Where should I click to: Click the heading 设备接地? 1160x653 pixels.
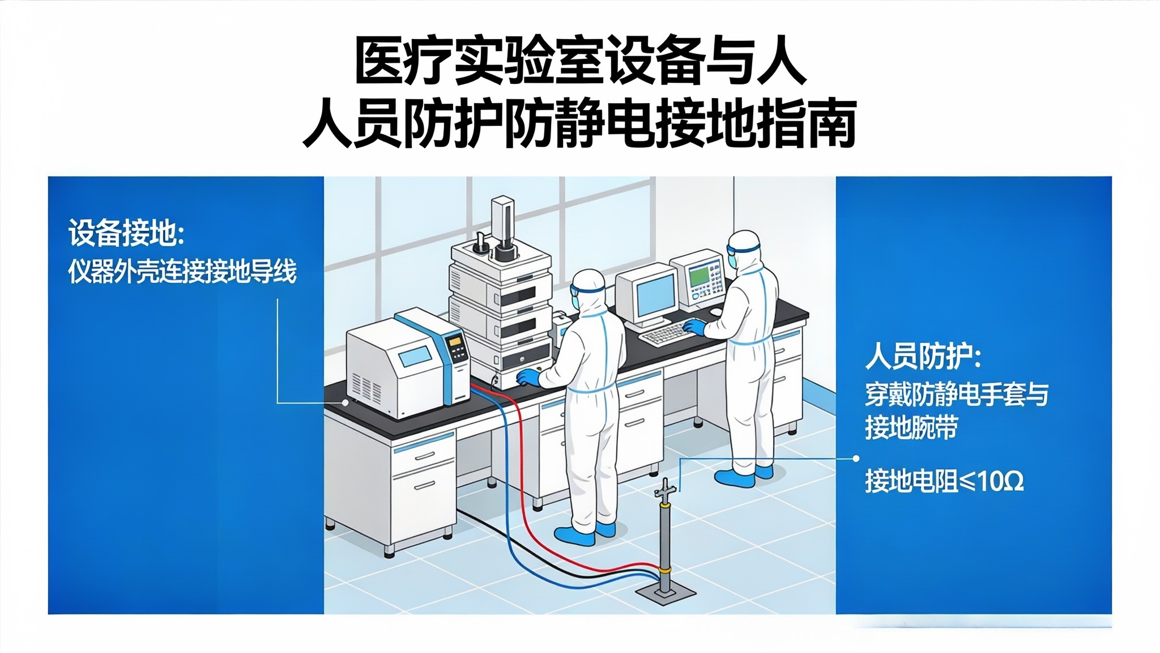[x=126, y=233]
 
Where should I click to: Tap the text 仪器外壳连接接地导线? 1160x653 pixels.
[x=182, y=272]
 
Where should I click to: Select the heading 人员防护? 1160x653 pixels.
[x=923, y=357]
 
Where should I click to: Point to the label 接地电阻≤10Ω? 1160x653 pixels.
[x=944, y=481]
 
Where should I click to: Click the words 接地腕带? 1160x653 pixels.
[x=911, y=427]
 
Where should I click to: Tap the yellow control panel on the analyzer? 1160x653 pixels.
[x=456, y=349]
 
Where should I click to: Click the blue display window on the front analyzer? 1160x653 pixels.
[x=415, y=358]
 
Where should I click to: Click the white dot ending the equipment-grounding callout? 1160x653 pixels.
[x=345, y=402]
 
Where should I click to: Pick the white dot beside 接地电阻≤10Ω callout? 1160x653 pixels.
[x=856, y=458]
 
